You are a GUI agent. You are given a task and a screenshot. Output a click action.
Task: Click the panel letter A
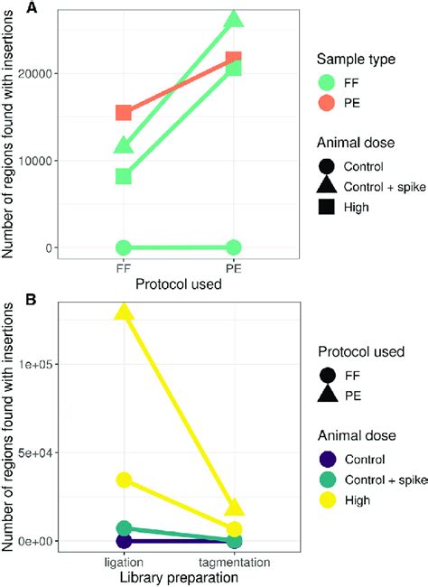point(8,8)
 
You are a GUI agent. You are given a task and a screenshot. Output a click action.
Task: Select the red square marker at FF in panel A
point(124,113)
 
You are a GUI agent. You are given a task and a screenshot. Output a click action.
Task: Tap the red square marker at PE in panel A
point(233,61)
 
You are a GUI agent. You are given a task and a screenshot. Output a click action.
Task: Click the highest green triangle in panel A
point(233,19)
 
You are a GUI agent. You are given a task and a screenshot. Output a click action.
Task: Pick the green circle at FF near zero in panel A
point(124,247)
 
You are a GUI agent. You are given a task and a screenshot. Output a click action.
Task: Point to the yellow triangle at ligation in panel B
point(124,312)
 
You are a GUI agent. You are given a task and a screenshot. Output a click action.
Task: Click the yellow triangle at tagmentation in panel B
point(233,507)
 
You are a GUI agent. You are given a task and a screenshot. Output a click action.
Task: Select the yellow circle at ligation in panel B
point(124,480)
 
